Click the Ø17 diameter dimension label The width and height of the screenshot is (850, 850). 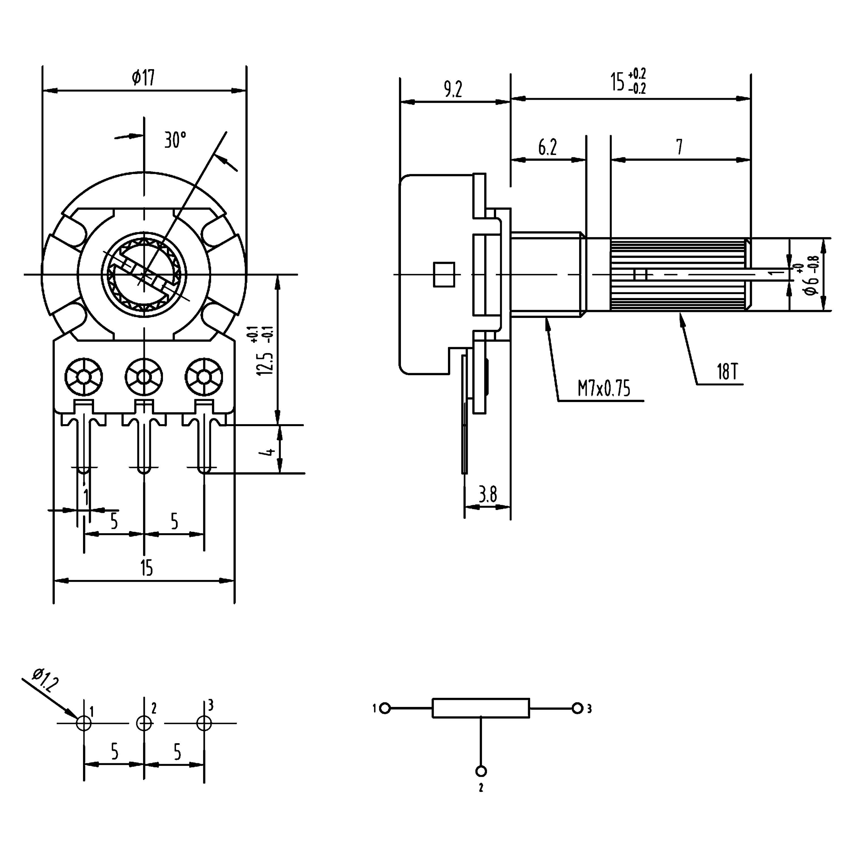(143, 78)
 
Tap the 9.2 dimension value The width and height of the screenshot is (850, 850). (453, 90)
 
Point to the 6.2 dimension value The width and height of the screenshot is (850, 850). (547, 147)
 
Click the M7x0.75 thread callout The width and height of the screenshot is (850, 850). (603, 388)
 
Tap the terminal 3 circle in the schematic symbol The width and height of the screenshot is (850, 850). (577, 708)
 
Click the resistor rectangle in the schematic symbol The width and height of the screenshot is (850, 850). (481, 708)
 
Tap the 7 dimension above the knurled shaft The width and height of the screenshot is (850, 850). (679, 146)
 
